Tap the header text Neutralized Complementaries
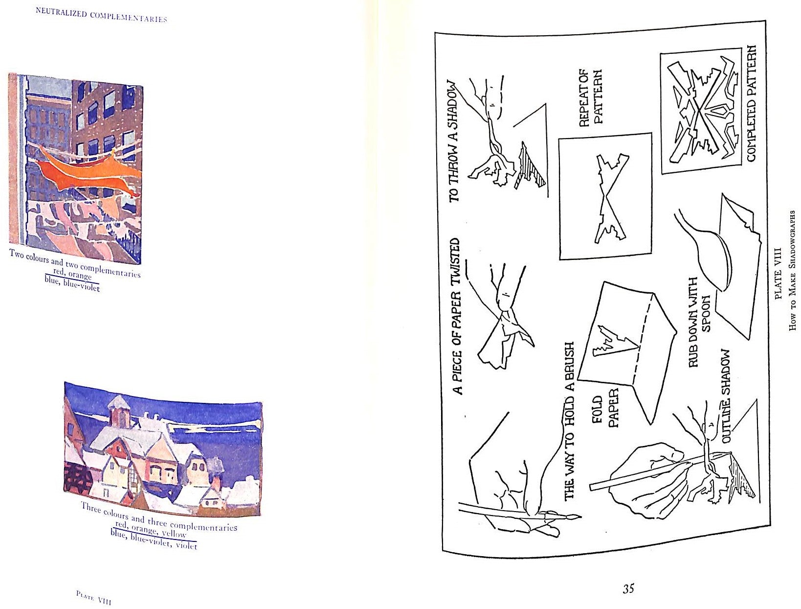click(x=101, y=15)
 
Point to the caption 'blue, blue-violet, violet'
click(x=154, y=539)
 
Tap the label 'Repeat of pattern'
click(x=589, y=97)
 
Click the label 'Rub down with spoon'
click(x=699, y=322)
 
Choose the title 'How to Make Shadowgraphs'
click(x=792, y=270)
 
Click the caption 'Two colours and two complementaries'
click(x=75, y=263)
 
